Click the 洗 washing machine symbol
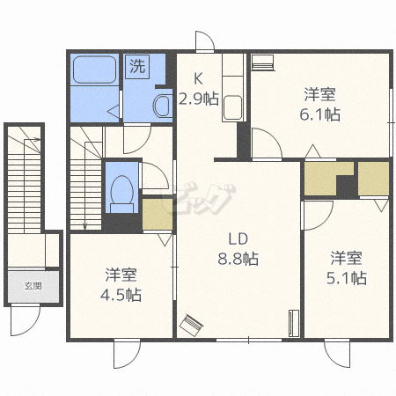click(x=137, y=67)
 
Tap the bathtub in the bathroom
click(x=94, y=70)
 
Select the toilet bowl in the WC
click(x=121, y=191)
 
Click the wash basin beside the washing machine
click(x=162, y=106)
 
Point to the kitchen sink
click(x=232, y=107)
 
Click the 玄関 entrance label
click(x=33, y=286)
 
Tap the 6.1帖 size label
click(x=320, y=114)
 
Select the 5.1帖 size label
click(x=347, y=278)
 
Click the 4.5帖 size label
click(x=121, y=295)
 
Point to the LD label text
click(x=238, y=239)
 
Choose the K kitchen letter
click(x=198, y=78)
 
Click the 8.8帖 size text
click(x=238, y=259)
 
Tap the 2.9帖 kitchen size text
click(x=199, y=99)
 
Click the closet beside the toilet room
click(x=158, y=215)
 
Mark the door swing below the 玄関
click(x=25, y=320)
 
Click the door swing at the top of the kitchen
click(x=205, y=41)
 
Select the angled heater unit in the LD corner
click(x=191, y=326)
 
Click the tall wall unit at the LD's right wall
click(x=294, y=323)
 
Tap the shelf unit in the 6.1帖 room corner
click(x=263, y=62)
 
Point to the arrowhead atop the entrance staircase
click(x=38, y=140)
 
